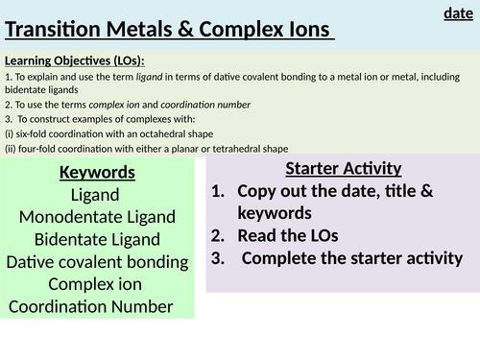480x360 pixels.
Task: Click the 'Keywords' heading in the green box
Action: pos(97,174)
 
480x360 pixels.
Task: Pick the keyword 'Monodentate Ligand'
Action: pos(97,217)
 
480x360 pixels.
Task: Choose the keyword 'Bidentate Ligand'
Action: pos(97,239)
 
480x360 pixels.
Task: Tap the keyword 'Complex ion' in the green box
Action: pos(97,283)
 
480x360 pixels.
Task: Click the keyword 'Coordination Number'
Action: pos(91,306)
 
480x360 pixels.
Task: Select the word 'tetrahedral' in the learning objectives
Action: pos(223,148)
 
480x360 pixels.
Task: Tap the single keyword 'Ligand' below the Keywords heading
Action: pos(97,195)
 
